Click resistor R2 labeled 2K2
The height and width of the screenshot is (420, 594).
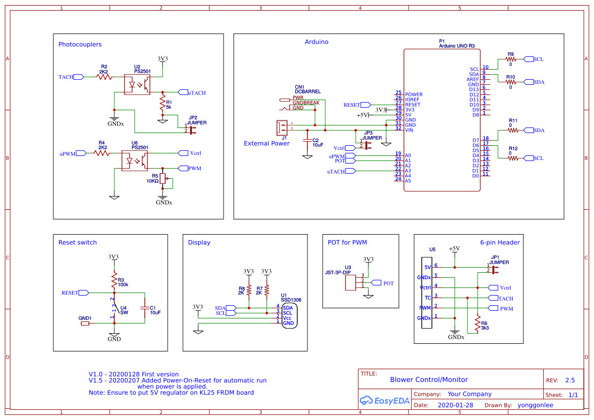(104, 77)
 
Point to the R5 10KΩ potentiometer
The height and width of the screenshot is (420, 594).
(163, 179)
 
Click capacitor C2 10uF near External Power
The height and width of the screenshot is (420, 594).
(307, 141)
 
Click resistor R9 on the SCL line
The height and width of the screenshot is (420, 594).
(511, 59)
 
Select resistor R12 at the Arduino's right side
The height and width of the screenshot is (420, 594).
(513, 158)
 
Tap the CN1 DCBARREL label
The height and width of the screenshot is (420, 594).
(307, 89)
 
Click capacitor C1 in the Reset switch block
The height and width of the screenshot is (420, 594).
(145, 308)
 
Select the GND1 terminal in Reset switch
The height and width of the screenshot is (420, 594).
(85, 323)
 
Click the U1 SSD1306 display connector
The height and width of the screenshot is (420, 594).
(288, 315)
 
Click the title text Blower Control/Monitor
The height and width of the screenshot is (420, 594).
(428, 379)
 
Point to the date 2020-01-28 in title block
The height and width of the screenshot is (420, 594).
(455, 405)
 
